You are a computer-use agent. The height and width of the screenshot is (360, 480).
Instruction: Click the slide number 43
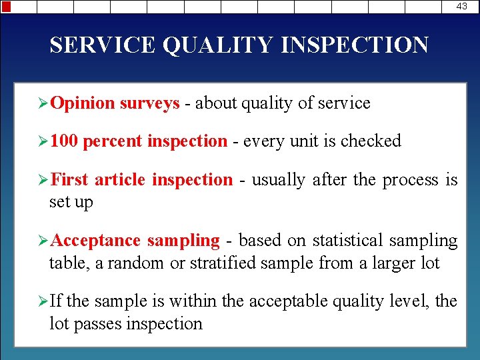(462, 6)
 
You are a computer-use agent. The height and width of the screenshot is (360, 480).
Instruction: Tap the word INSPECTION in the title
(355, 45)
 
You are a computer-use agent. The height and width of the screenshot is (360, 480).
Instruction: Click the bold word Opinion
(83, 103)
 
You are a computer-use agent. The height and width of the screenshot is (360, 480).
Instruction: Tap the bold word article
(121, 180)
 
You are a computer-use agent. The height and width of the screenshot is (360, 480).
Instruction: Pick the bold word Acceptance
(95, 240)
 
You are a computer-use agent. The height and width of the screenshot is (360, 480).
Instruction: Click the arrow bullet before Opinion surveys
(43, 103)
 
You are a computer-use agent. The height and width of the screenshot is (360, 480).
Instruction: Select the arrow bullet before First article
(43, 180)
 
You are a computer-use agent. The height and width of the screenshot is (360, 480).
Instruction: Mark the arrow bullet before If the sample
(43, 301)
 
